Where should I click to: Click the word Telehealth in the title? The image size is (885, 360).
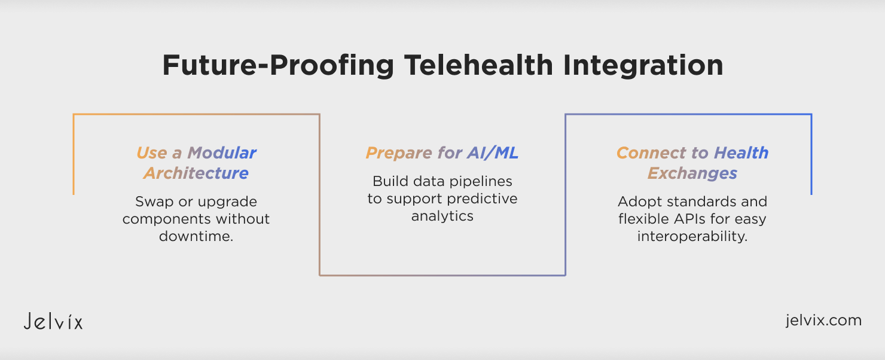click(x=478, y=65)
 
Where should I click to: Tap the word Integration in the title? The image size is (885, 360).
click(x=643, y=66)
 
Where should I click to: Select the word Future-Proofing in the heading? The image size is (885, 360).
click(x=278, y=66)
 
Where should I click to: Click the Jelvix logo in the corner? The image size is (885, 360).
click(x=53, y=321)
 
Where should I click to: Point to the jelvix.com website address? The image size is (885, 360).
click(x=823, y=320)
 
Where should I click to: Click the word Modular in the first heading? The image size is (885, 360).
click(x=222, y=153)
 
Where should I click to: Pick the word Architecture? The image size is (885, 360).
click(x=196, y=173)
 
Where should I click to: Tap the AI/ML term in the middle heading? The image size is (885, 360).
click(x=493, y=153)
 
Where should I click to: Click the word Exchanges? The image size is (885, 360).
click(x=692, y=173)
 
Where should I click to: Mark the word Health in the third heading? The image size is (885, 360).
click(x=741, y=153)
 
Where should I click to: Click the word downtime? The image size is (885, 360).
click(x=196, y=236)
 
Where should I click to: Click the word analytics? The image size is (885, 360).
click(x=442, y=216)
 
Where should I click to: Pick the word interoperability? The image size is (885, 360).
click(x=692, y=237)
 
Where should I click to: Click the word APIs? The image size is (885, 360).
click(x=690, y=219)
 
